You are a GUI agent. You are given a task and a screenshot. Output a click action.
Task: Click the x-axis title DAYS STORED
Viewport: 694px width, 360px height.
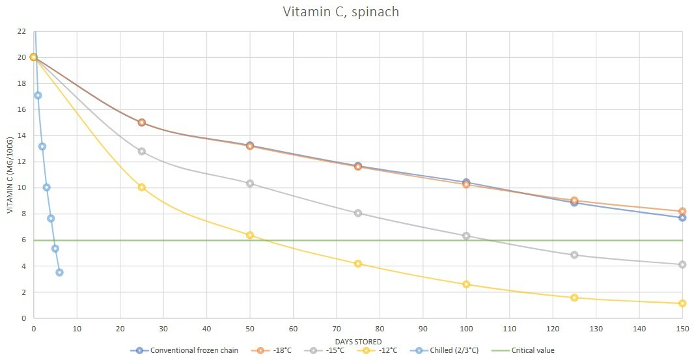357,341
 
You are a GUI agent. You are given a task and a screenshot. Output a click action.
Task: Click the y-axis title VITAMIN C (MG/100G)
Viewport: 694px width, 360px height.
10,174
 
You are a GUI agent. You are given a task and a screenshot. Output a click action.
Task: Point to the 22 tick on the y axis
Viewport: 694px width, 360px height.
21,31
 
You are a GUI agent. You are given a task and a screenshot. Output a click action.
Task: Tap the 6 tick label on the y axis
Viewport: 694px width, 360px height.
23,240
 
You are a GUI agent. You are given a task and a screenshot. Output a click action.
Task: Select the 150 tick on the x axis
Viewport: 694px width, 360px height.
682,329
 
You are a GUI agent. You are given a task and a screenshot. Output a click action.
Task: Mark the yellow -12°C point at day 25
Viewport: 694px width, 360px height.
142,187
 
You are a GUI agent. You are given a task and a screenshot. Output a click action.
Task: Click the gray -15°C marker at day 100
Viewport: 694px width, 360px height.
466,236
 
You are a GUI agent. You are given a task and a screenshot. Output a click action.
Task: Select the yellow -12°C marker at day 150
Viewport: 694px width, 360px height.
682,303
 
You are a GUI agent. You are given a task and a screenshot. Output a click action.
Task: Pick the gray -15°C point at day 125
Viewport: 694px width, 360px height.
574,255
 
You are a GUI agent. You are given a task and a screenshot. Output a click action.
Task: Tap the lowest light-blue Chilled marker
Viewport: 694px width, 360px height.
59,272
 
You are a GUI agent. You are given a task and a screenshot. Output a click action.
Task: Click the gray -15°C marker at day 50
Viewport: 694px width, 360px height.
250,184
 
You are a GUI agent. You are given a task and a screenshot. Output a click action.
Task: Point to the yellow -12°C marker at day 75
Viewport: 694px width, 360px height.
358,264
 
